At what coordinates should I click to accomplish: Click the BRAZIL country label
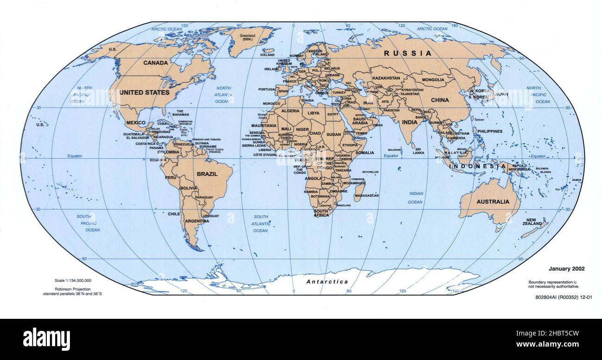207,174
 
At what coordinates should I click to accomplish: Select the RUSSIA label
408,53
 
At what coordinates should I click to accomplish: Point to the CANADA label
156,62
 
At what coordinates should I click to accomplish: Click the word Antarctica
327,281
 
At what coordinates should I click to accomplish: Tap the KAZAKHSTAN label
386,78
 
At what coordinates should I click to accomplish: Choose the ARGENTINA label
197,221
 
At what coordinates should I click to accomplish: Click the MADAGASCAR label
366,196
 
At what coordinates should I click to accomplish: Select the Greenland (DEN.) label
248,37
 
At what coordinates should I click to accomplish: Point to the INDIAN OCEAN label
415,198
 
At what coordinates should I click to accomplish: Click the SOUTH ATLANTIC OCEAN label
261,223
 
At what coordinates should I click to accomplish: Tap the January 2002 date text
566,268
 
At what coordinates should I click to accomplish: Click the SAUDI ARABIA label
360,120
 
